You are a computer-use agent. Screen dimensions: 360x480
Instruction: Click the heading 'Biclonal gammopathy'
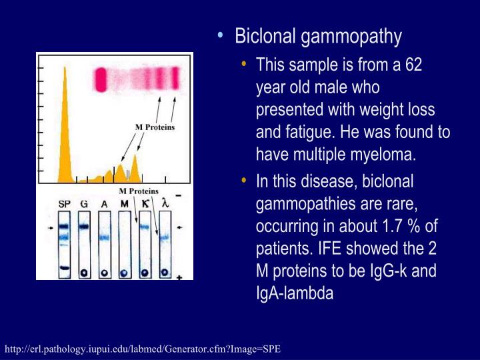tap(318, 36)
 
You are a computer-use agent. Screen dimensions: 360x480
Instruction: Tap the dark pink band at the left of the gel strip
tap(102, 79)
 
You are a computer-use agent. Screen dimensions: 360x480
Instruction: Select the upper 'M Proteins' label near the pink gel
tap(155, 127)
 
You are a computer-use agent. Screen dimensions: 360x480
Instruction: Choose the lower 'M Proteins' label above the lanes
tap(139, 191)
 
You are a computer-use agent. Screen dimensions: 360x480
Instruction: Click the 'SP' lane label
tap(64, 203)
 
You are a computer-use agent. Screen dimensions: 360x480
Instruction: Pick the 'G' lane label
tap(84, 203)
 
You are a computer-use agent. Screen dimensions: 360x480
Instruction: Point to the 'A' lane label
tap(104, 203)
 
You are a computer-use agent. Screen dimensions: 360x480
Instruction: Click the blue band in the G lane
tap(84, 227)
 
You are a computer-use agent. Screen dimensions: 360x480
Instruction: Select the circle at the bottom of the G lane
tap(84, 271)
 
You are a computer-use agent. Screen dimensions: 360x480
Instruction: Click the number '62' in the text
tap(413, 65)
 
